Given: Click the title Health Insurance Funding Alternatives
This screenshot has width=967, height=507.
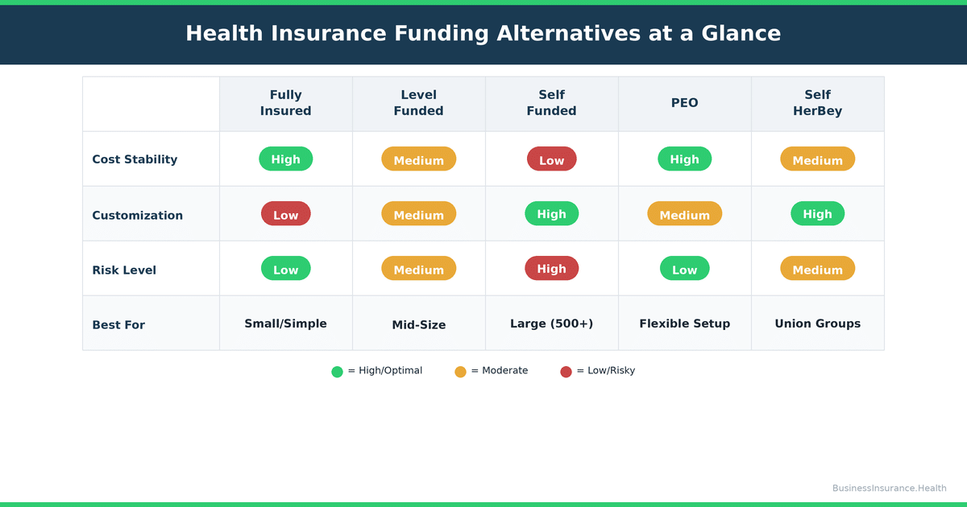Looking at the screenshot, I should pyautogui.click(x=483, y=33).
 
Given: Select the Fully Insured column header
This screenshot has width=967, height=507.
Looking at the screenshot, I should pyautogui.click(x=285, y=103).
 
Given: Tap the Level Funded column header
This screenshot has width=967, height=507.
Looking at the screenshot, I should pyautogui.click(x=418, y=103).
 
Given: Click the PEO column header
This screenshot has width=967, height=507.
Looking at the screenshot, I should pyautogui.click(x=684, y=103).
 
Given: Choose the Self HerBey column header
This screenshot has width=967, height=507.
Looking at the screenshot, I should pyautogui.click(x=817, y=103).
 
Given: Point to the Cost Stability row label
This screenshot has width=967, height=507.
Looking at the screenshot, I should pyautogui.click(x=135, y=159).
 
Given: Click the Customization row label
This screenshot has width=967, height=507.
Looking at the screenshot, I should pyautogui.click(x=137, y=216).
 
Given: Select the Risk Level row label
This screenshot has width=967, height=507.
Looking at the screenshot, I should pyautogui.click(x=124, y=270).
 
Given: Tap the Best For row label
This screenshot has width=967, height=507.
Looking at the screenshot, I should pyautogui.click(x=118, y=325).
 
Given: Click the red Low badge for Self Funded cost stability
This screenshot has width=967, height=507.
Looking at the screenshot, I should pyautogui.click(x=551, y=159).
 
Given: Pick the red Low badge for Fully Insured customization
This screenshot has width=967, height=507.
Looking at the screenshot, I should pyautogui.click(x=285, y=214).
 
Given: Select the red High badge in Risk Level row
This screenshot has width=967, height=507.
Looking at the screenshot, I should pyautogui.click(x=551, y=269).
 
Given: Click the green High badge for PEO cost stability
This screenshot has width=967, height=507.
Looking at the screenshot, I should pyautogui.click(x=684, y=159).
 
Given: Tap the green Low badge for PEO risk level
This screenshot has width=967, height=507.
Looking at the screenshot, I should pyautogui.click(x=684, y=269).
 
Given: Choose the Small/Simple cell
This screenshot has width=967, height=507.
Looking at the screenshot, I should pyautogui.click(x=285, y=324).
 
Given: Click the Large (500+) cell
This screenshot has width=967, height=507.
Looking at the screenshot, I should pyautogui.click(x=551, y=324).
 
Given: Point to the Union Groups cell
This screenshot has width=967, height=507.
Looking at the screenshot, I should pyautogui.click(x=817, y=324).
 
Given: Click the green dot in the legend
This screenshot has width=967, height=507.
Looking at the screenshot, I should pyautogui.click(x=337, y=372).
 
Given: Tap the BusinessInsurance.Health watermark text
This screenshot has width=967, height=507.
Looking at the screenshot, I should pyautogui.click(x=889, y=488).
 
